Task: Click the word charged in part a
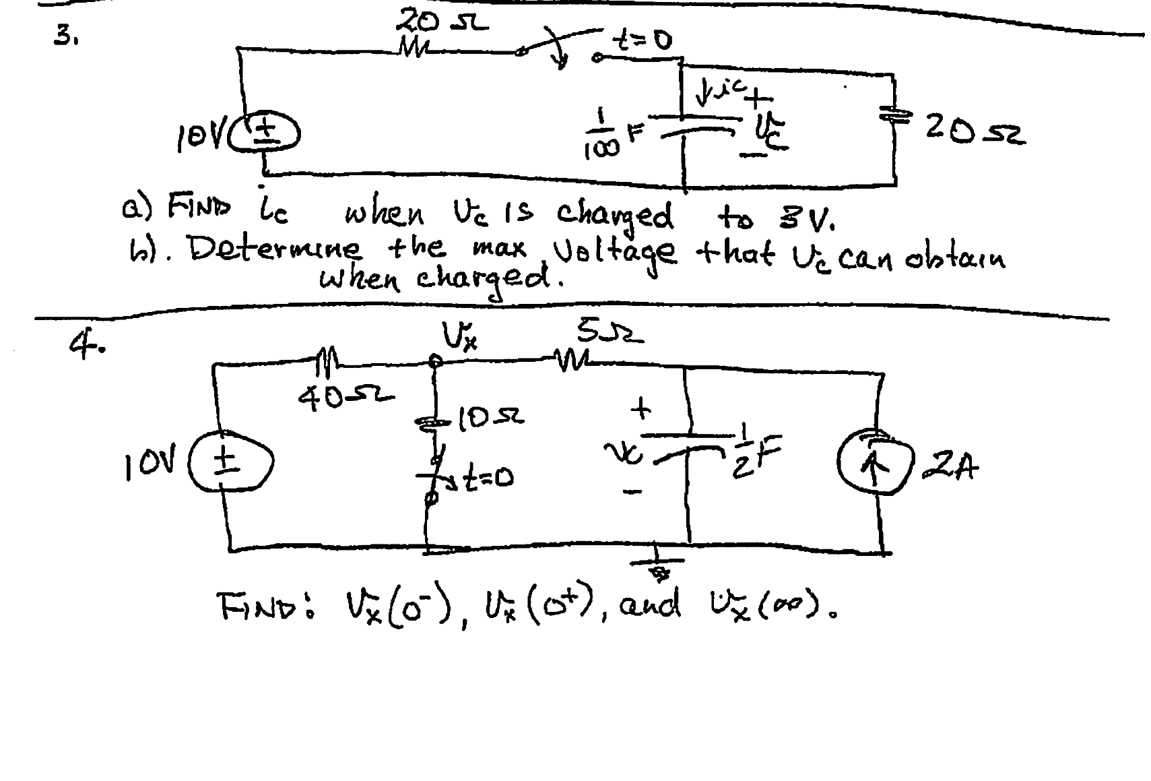coord(614,217)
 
